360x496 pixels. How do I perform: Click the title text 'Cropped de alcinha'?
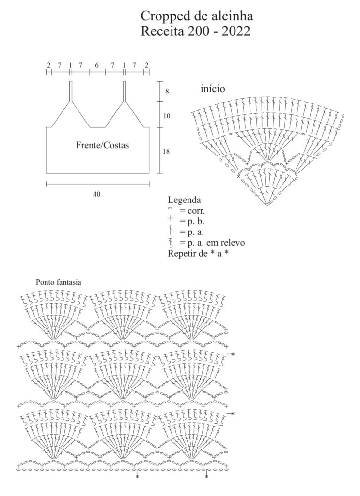pos(196,16)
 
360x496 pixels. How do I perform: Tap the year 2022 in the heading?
pos(235,31)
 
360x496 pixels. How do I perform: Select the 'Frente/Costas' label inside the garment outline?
pos(103,145)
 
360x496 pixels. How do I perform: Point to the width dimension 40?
pos(96,194)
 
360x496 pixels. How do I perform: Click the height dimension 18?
pos(166,151)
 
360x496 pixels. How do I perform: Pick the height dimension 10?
pos(167,116)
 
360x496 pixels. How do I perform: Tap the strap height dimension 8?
pos(167,92)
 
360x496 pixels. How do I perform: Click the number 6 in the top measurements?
pos(97,65)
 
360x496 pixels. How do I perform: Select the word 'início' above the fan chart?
pos(213,89)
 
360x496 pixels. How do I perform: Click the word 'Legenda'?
pos(184,200)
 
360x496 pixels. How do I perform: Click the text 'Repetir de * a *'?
pos(198,253)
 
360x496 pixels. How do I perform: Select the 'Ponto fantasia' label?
pos(59,282)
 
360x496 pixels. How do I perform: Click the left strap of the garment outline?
pos(71,91)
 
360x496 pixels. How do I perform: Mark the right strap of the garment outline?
pos(125,91)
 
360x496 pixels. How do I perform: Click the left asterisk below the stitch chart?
pos(137,477)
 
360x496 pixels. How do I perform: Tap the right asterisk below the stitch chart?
pos(206,477)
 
